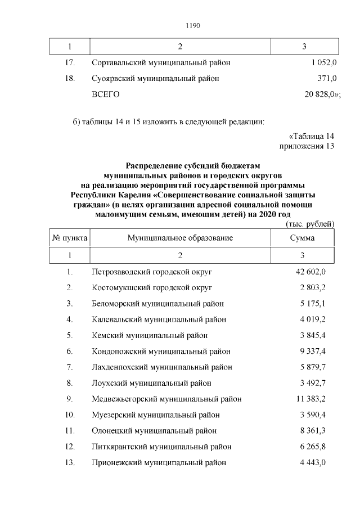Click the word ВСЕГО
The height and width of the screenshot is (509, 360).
(106, 94)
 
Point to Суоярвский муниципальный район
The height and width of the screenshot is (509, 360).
(155, 79)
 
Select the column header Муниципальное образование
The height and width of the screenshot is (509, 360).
(180, 238)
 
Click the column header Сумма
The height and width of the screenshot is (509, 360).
(302, 238)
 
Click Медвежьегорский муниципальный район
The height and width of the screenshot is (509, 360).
(166, 399)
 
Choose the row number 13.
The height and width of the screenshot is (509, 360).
(70, 463)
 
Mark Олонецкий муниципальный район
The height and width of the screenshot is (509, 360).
(154, 431)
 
